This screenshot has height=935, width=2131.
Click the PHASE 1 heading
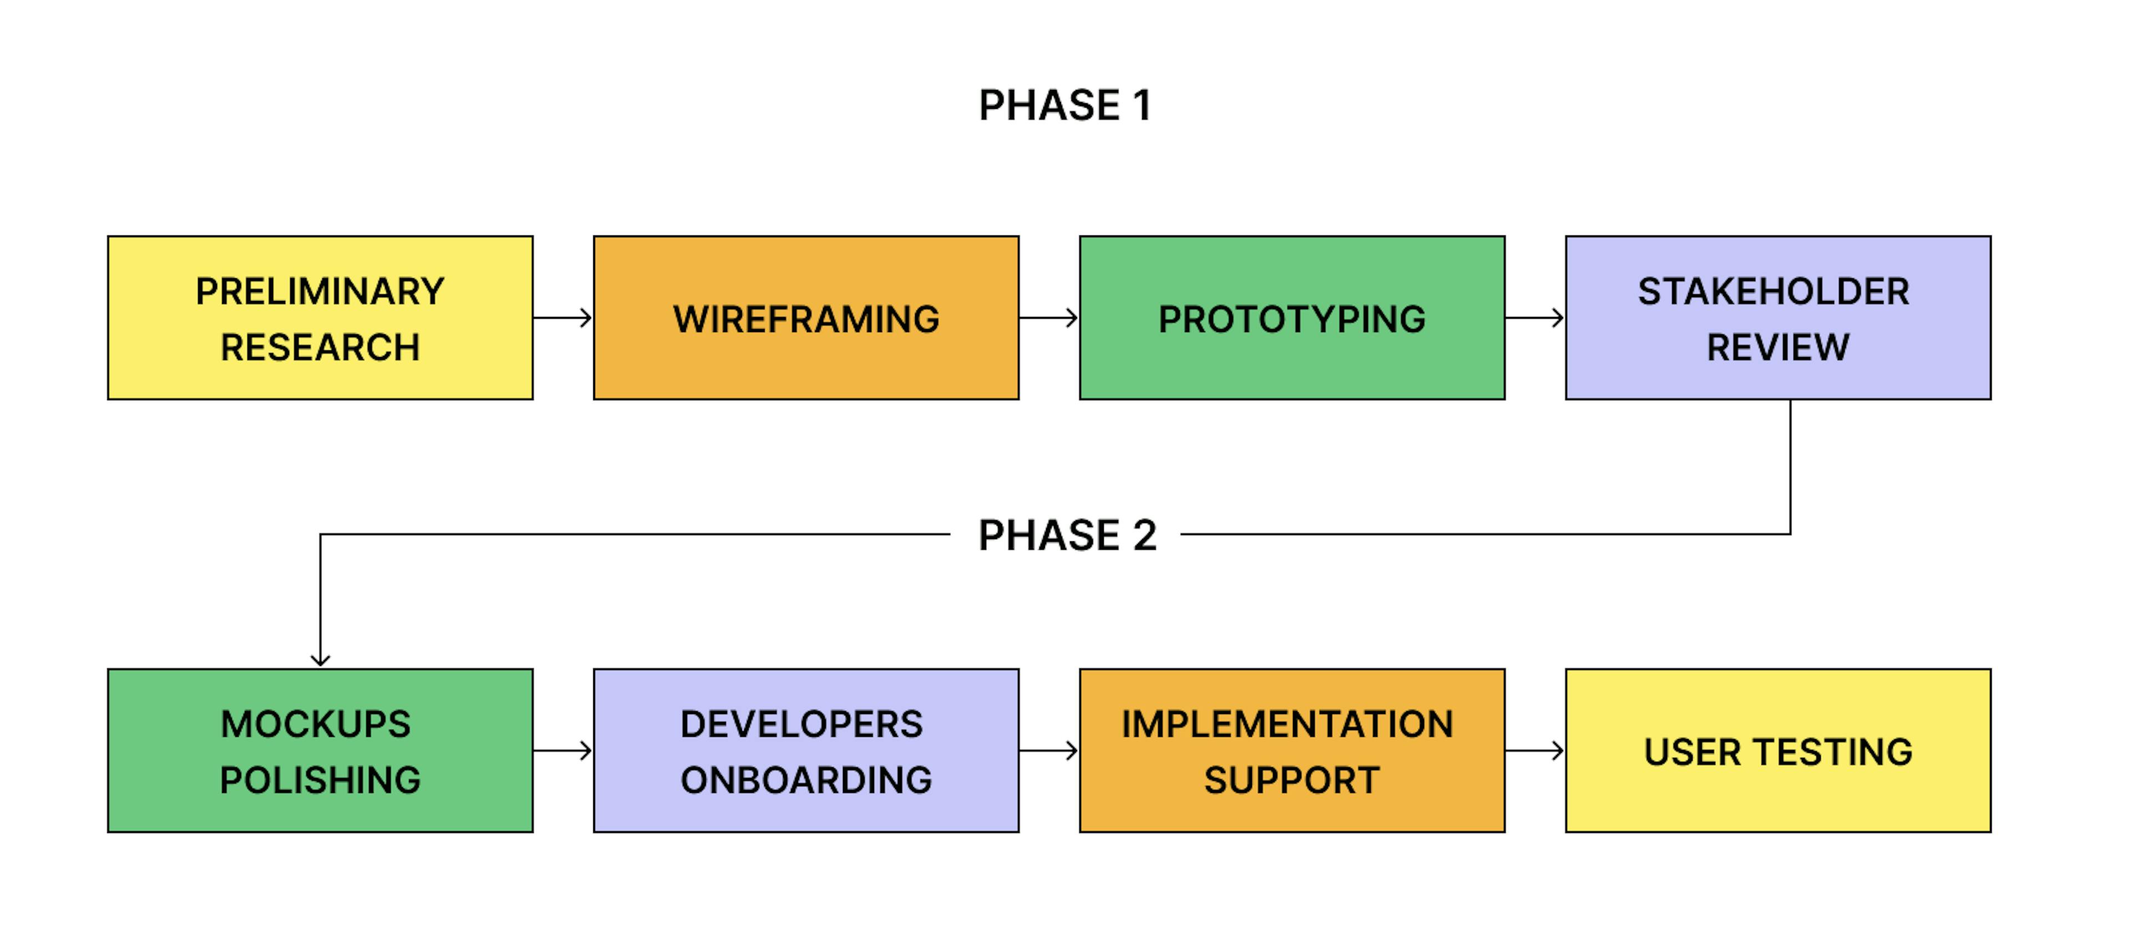tap(1065, 105)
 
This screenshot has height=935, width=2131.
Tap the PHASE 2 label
tap(1067, 535)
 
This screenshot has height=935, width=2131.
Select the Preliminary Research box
tap(320, 318)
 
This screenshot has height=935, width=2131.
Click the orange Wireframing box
tap(806, 318)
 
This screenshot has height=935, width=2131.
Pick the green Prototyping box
tap(1292, 318)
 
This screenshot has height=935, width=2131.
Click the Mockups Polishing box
tap(320, 751)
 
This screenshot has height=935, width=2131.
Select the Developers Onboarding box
tap(806, 751)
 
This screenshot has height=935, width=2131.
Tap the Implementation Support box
tap(1292, 751)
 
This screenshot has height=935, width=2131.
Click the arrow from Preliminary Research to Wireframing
tap(563, 318)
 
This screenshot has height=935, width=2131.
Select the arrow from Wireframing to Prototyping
tap(1049, 318)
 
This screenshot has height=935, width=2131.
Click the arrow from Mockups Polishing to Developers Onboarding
tap(563, 751)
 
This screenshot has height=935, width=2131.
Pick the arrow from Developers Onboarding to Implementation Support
tap(1049, 751)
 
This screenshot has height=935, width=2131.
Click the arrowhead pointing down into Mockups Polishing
tap(320, 660)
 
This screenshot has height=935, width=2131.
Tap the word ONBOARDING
tap(806, 780)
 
